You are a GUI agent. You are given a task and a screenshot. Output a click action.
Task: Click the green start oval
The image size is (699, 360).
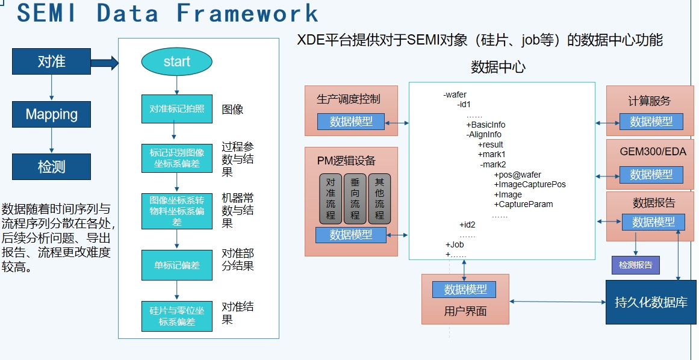pyautogui.click(x=176, y=61)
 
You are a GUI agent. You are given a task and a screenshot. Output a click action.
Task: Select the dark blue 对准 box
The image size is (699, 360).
pyautogui.click(x=52, y=61)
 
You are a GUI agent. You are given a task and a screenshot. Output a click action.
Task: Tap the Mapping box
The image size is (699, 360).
pyautogui.click(x=52, y=114)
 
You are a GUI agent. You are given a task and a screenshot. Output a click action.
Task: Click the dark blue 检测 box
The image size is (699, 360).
pyautogui.click(x=52, y=167)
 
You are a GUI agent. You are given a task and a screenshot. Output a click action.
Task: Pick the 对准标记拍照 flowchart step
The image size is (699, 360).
pyautogui.click(x=176, y=109)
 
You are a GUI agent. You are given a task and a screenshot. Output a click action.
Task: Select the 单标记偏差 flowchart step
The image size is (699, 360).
pyautogui.click(x=176, y=265)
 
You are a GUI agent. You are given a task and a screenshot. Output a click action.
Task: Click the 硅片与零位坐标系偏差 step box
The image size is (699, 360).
pyautogui.click(x=176, y=316)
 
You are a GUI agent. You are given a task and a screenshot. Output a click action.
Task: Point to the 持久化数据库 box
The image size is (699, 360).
pyautogui.click(x=651, y=302)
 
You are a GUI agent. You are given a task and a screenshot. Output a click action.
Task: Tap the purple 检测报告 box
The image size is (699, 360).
pyautogui.click(x=635, y=265)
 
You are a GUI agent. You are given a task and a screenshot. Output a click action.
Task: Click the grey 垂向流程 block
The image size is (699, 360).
pyautogui.click(x=355, y=199)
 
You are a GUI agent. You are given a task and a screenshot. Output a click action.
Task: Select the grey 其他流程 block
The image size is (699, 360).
pyautogui.click(x=379, y=199)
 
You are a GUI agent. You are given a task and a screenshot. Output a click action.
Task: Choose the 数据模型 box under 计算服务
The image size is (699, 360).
pyautogui.click(x=651, y=122)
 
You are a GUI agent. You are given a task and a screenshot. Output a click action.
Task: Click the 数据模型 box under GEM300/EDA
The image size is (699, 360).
pyautogui.click(x=651, y=175)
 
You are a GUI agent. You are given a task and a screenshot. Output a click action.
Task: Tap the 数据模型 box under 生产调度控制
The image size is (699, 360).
pyautogui.click(x=350, y=122)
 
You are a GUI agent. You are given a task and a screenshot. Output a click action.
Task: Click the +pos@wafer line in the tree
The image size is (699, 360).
pyautogui.click(x=517, y=175)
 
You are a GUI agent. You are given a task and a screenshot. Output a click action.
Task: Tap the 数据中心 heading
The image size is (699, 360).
pyautogui.click(x=498, y=67)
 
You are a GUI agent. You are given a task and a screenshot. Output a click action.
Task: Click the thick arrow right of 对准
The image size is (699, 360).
pyautogui.click(x=105, y=61)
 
